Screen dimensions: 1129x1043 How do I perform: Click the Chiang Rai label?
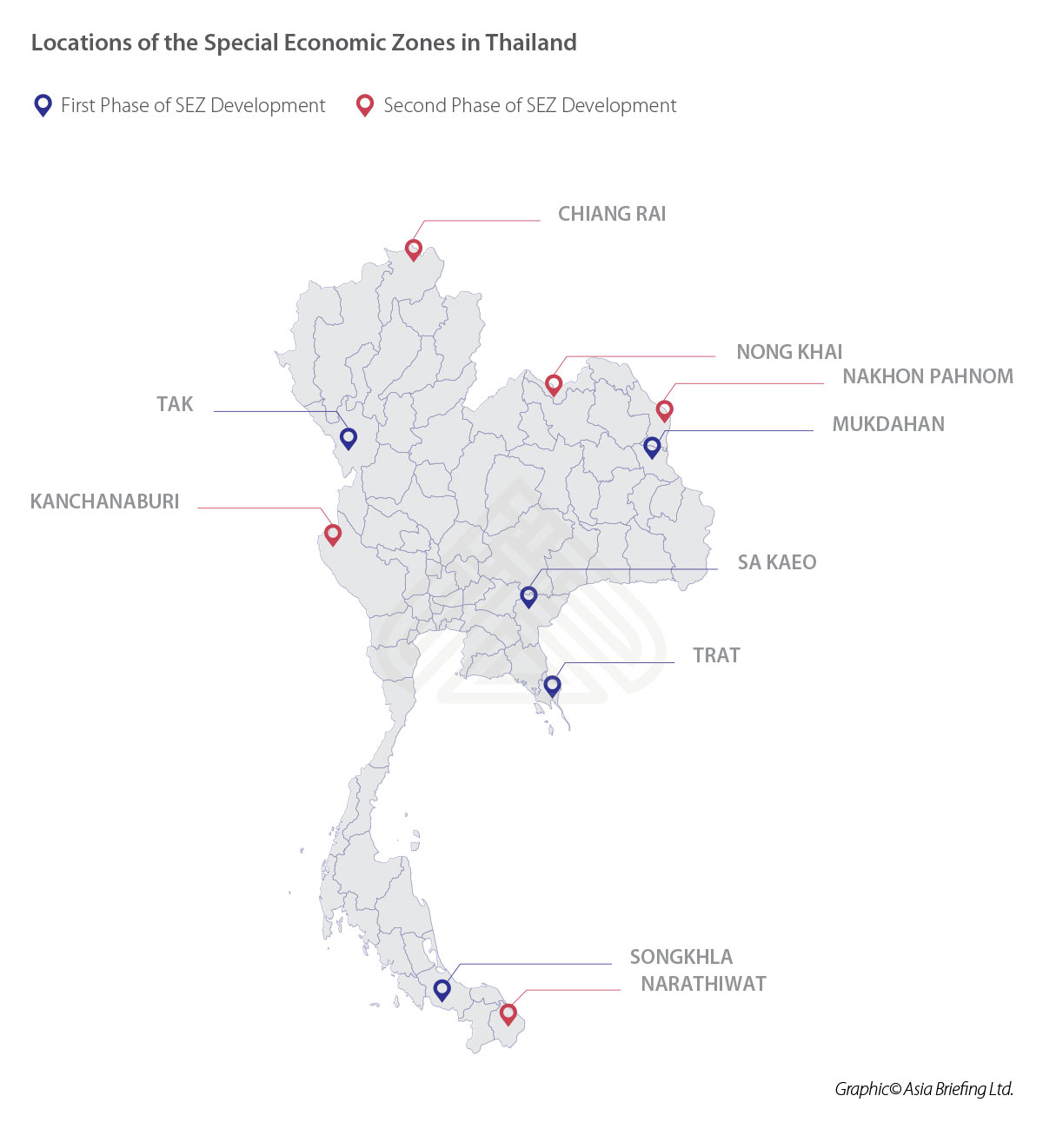611,214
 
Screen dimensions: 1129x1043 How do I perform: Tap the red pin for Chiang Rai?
414,249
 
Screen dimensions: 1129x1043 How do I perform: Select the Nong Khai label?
789,352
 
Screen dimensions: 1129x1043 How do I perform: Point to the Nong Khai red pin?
554,384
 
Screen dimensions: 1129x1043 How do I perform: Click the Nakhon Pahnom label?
927,376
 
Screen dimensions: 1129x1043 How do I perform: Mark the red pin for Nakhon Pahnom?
664,409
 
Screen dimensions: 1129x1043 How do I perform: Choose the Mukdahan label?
887,424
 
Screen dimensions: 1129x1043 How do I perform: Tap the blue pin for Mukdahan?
652,447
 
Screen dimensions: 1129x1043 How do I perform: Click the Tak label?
175,404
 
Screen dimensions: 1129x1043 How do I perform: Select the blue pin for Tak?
349,438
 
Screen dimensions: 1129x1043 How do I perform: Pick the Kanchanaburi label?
104,501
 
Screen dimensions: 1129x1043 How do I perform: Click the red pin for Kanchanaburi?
332,534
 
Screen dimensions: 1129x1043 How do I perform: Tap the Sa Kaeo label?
776,562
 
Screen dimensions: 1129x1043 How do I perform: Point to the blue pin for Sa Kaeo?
528,596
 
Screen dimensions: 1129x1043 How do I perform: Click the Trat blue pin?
552,685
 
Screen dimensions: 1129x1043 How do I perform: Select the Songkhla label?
681,957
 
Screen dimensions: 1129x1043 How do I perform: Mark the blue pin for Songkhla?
442,989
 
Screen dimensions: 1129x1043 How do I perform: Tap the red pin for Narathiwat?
508,1013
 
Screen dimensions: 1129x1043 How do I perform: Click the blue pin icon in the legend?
43,105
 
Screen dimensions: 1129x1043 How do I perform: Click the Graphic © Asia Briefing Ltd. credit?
923,1089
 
